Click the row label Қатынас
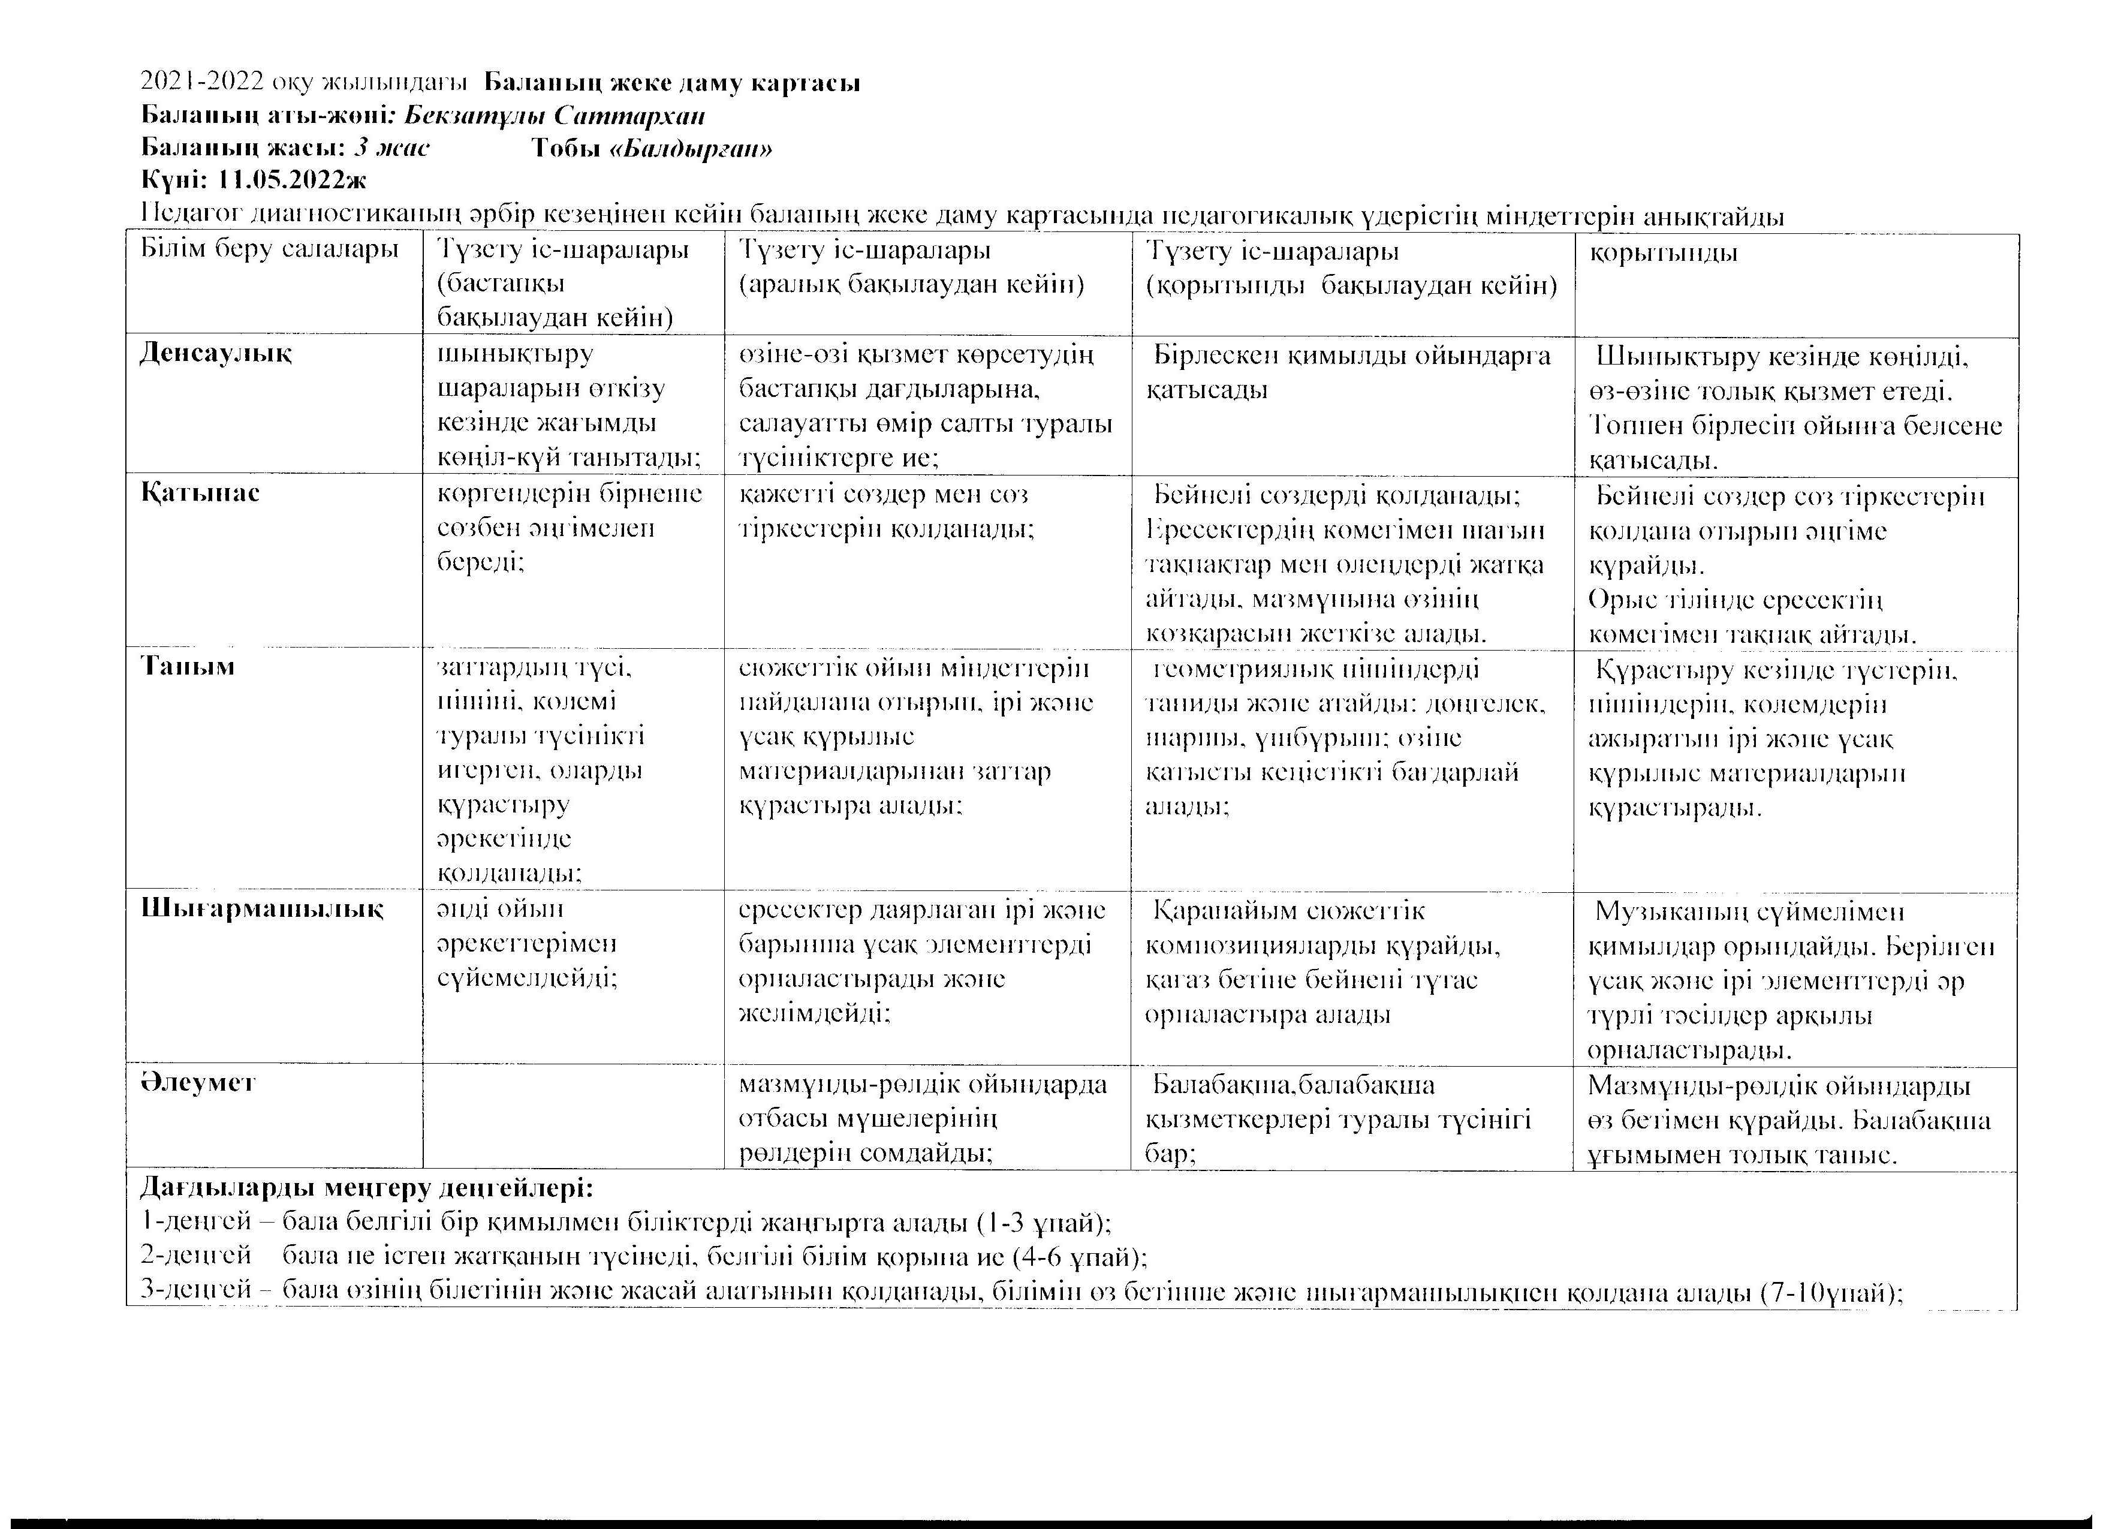tap(200, 492)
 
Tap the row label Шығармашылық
tap(261, 908)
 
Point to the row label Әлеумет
tap(198, 1083)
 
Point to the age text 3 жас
tap(391, 148)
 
